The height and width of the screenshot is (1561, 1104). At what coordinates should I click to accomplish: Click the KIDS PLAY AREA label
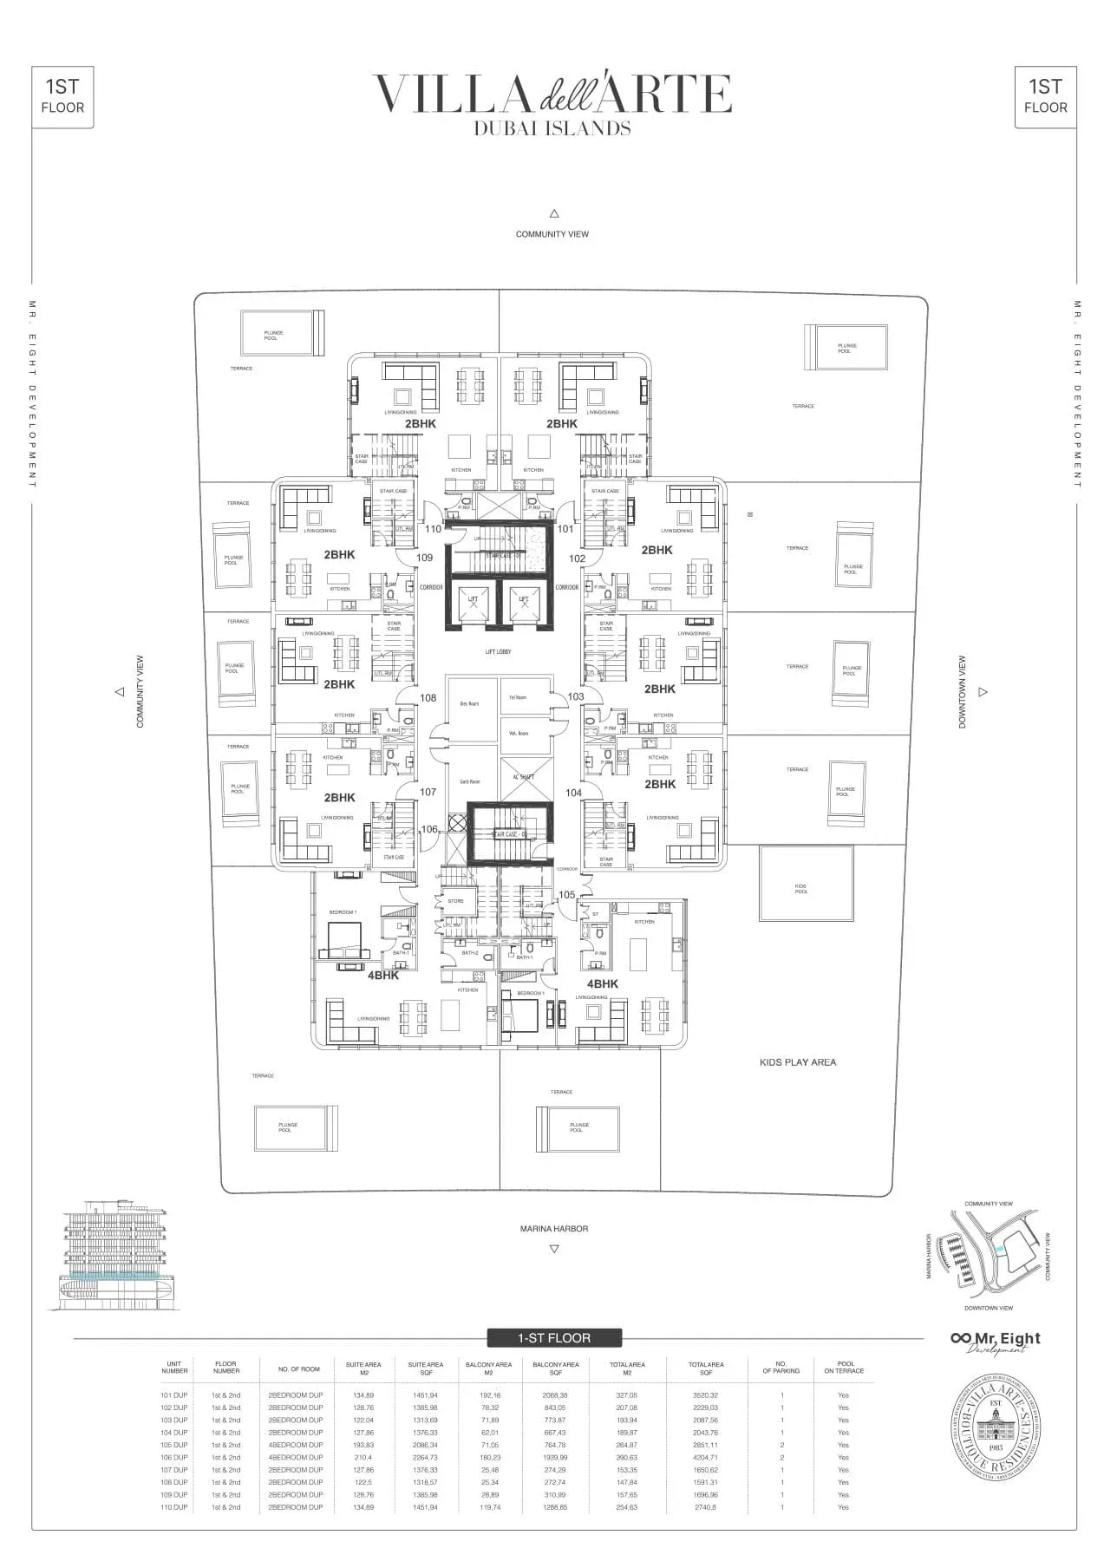tap(797, 1061)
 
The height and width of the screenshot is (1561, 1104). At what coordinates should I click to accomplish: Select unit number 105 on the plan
tap(566, 894)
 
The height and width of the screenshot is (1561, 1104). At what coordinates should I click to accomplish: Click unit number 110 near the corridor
tap(432, 528)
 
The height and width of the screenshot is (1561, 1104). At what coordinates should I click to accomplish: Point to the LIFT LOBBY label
tap(498, 651)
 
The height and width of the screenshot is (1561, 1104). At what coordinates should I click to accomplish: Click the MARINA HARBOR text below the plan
tap(553, 1228)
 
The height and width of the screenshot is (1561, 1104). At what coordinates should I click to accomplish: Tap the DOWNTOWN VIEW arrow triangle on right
tap(983, 692)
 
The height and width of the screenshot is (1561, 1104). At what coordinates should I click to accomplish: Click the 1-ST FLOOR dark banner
tap(553, 1338)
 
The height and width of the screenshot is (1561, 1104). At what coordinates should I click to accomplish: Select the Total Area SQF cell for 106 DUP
tap(705, 1457)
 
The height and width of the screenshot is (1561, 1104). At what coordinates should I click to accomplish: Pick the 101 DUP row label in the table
tap(173, 1394)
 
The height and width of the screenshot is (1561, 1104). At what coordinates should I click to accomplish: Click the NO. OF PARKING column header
tap(781, 1368)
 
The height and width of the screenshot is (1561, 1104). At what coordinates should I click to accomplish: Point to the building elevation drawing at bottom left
tap(116, 1253)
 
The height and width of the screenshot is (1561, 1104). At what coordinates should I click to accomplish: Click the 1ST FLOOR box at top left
tap(62, 96)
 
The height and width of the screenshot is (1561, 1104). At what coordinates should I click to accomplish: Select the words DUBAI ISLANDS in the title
tap(552, 127)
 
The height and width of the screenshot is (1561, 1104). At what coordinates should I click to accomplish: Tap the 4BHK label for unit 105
tap(602, 983)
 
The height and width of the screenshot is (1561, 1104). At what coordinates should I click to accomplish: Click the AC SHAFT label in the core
tap(524, 777)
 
